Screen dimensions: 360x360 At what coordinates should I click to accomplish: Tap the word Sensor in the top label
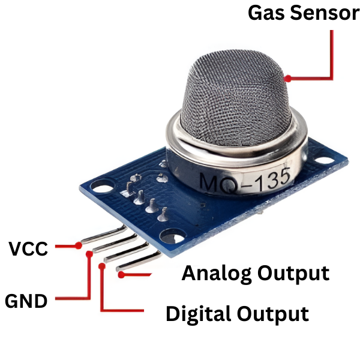tap(325, 13)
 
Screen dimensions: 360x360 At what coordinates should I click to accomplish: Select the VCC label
tap(28, 248)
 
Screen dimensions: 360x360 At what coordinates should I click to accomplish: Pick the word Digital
tap(199, 314)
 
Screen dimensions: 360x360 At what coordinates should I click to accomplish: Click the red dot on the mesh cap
tap(288, 78)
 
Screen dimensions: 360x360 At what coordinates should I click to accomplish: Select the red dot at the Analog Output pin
tap(122, 275)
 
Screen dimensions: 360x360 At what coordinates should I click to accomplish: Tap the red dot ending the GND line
tap(90, 253)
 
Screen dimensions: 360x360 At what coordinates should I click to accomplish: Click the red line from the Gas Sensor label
tap(332, 54)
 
